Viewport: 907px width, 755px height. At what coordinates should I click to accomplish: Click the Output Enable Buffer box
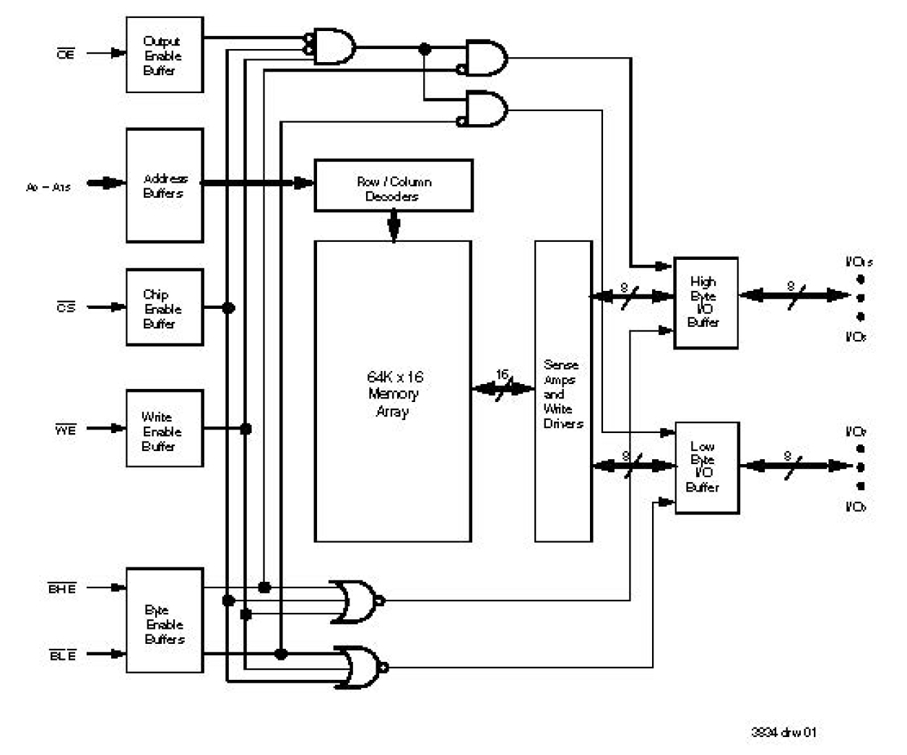(164, 55)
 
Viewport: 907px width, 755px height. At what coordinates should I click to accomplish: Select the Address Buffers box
(164, 186)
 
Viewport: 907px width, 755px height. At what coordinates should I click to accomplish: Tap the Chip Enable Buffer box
(164, 308)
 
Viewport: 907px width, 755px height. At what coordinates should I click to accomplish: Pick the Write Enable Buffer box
(164, 429)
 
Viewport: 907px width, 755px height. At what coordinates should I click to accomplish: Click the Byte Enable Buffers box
(164, 621)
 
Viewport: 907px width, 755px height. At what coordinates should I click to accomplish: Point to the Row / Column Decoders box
(394, 186)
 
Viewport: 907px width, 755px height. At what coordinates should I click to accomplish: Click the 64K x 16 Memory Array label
(394, 393)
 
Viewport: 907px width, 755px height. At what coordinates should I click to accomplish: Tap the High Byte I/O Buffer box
(705, 303)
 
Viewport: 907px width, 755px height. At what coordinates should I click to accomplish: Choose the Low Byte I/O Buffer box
(706, 468)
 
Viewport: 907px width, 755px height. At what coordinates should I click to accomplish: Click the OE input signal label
(65, 54)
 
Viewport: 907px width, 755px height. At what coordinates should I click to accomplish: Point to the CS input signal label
(65, 307)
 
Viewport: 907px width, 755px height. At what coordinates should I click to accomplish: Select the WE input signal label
(65, 429)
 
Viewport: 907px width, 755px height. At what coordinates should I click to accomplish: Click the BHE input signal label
(62, 588)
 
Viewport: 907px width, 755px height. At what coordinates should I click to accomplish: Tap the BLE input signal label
(62, 655)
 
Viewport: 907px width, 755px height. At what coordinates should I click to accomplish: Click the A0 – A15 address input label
(48, 187)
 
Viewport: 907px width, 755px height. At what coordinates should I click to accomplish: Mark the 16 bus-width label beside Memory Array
(502, 375)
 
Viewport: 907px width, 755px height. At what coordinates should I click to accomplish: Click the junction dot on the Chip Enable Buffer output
(228, 308)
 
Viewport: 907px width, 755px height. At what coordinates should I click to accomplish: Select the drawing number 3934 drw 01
(784, 732)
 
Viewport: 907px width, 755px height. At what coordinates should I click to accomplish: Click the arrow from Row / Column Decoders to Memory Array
(394, 226)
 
